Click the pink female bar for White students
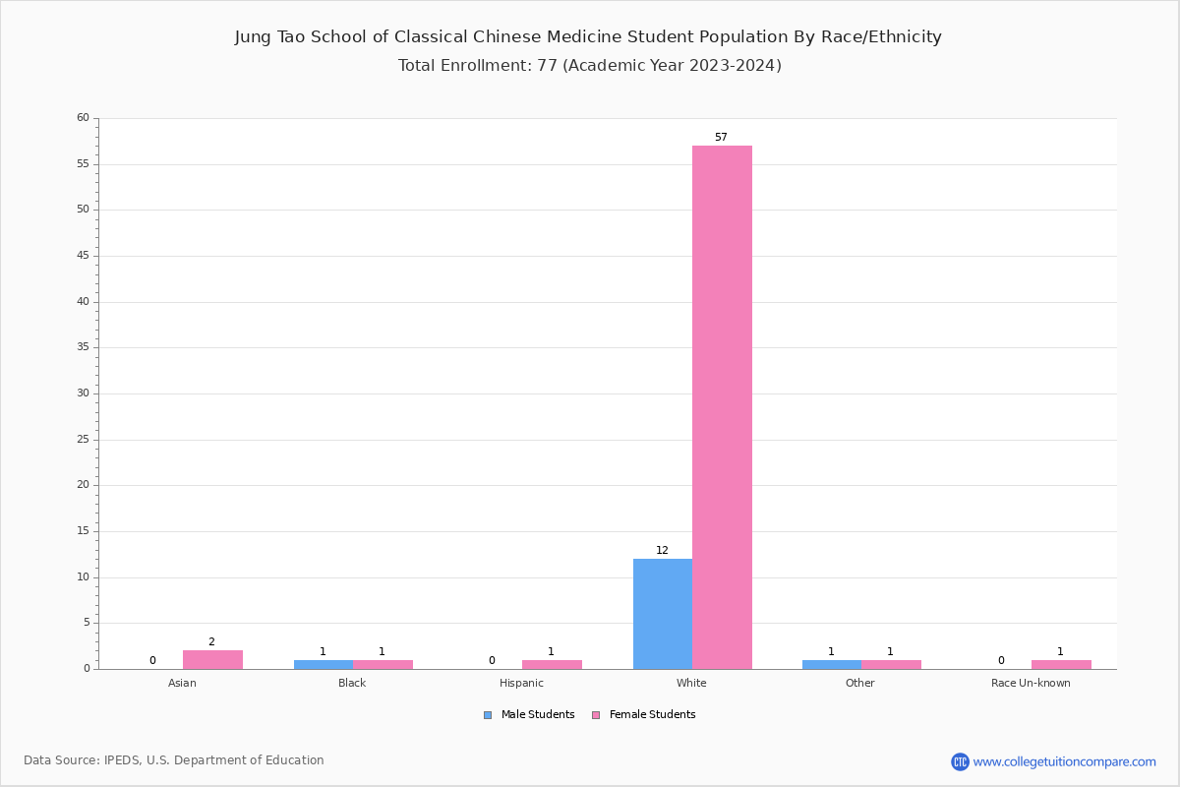tap(722, 407)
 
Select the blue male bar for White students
tap(663, 614)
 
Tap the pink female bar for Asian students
tap(212, 659)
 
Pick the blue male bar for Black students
tap(324, 664)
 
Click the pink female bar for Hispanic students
tap(552, 664)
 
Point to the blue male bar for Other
tap(832, 664)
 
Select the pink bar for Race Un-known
tap(1061, 664)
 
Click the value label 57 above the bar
tap(721, 138)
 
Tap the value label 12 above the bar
tap(662, 551)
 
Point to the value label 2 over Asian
tap(211, 642)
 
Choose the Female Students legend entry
tap(644, 715)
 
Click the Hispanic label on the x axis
tap(521, 683)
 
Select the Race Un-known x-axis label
tap(1031, 683)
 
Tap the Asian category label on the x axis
tap(182, 683)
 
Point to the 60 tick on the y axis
tap(83, 118)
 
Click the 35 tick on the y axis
tap(83, 347)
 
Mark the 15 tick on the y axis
tap(83, 531)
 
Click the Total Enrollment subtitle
tap(590, 66)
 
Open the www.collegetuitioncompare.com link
tap(1064, 761)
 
